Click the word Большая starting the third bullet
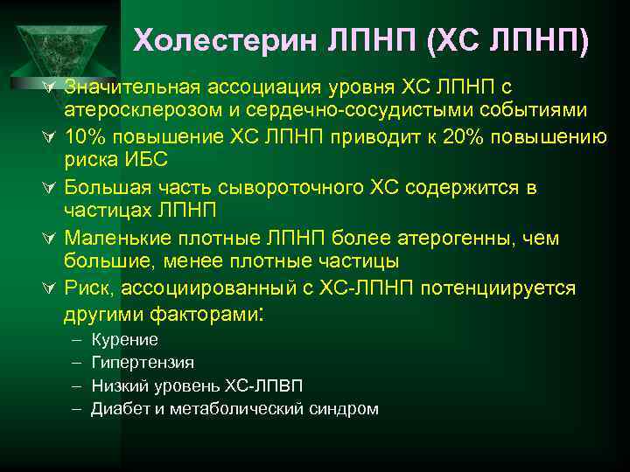point(103,188)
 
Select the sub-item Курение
point(124,340)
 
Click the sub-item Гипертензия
point(143,362)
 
